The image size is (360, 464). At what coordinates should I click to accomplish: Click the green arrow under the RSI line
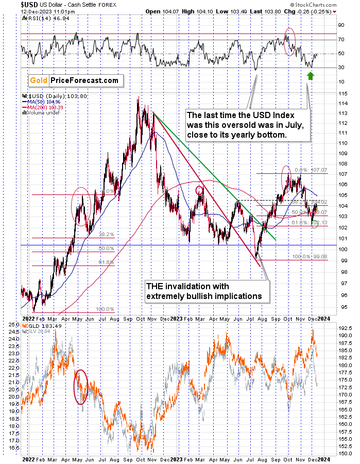tap(310, 76)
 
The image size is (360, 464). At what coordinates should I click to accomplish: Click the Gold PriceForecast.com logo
tap(74, 80)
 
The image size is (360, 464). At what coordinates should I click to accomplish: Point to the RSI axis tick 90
tap(341, 25)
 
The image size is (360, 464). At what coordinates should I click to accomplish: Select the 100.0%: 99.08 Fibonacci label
tap(312, 256)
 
